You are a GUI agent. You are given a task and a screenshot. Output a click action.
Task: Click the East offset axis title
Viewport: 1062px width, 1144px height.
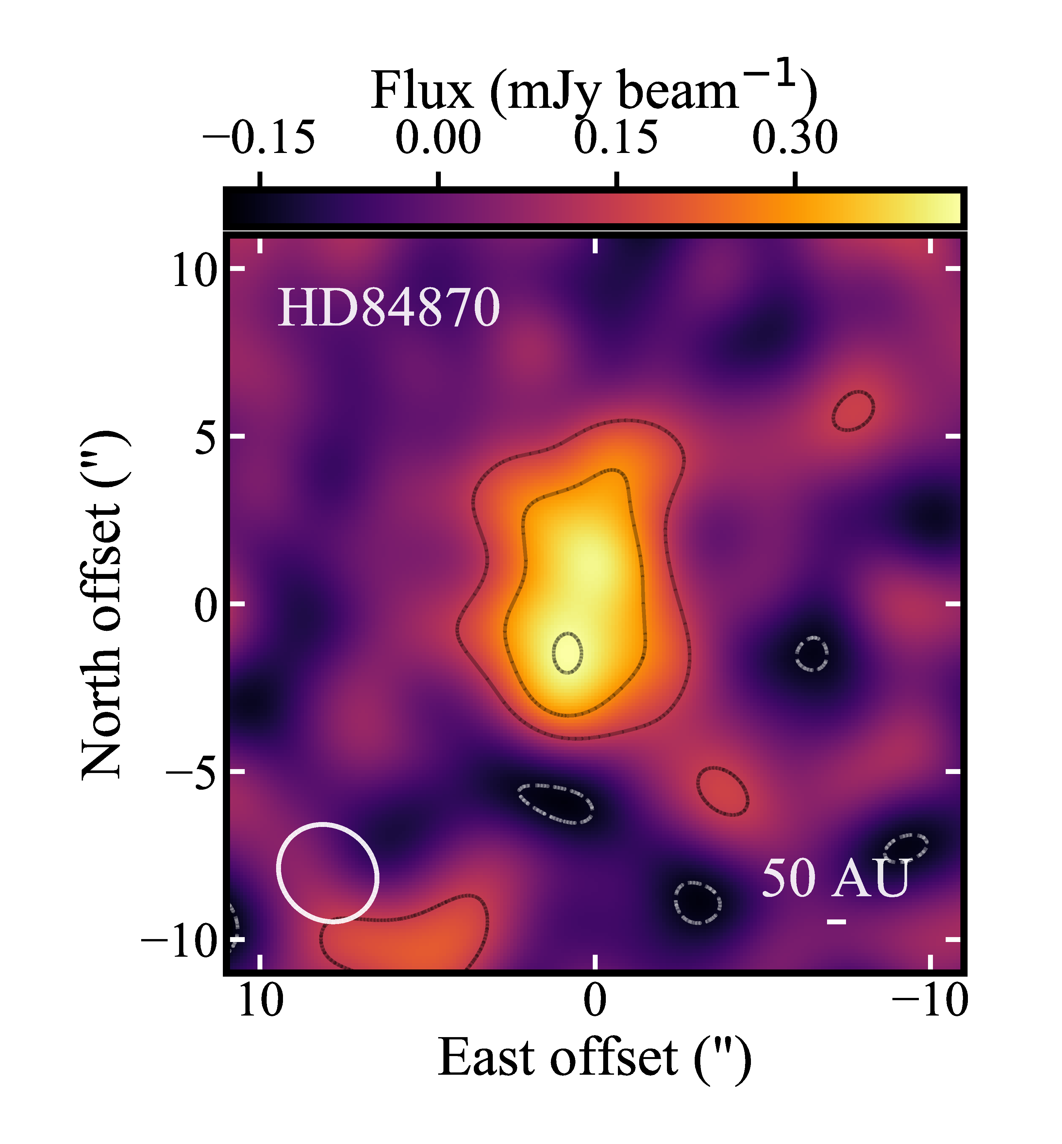(594, 1058)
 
